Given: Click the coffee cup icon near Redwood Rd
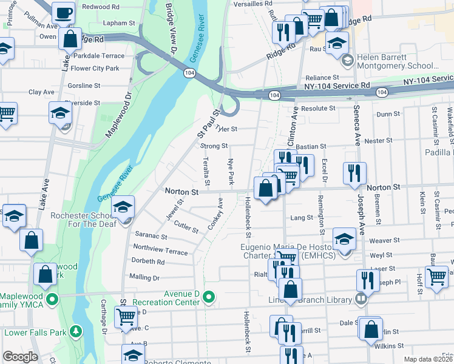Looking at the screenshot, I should click(x=63, y=12).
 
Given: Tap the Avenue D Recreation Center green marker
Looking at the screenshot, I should click(x=209, y=297).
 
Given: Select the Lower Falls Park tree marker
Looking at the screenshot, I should click(x=75, y=331).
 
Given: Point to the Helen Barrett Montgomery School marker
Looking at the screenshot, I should click(x=347, y=59).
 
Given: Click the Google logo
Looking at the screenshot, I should click(x=20, y=356).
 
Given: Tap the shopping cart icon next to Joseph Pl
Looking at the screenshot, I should click(x=436, y=276).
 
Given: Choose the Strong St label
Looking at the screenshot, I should click(x=214, y=146).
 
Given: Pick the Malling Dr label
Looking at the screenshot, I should click(x=144, y=277).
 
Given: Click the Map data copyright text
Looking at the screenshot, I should click(x=428, y=359).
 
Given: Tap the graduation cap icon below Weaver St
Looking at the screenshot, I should click(x=344, y=239).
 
